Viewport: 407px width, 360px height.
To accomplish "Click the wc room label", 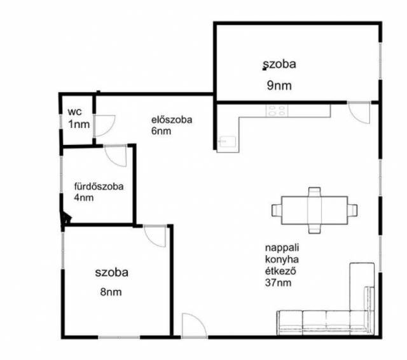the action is pyautogui.click(x=74, y=112).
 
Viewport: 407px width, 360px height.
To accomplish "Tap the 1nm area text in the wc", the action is pyautogui.click(x=79, y=124).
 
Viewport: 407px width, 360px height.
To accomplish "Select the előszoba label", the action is pyautogui.click(x=172, y=120).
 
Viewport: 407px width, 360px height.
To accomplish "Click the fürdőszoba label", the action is pyautogui.click(x=99, y=186).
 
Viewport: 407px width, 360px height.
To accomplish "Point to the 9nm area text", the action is pyautogui.click(x=279, y=85).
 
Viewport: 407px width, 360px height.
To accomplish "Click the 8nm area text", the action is pyautogui.click(x=111, y=292).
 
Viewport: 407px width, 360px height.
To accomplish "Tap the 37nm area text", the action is pyautogui.click(x=278, y=282).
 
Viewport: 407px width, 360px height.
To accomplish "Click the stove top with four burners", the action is pyautogui.click(x=277, y=111).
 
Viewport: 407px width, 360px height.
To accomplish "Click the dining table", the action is pyautogui.click(x=314, y=211).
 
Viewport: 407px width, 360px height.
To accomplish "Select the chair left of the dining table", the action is pyautogui.click(x=277, y=211).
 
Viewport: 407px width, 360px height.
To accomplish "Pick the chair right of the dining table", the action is pyautogui.click(x=352, y=210).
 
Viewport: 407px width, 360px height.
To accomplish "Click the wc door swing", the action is pyautogui.click(x=104, y=126).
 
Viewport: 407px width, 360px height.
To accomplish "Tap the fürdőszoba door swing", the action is pyautogui.click(x=116, y=155).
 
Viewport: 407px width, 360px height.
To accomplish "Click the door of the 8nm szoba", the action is pyautogui.click(x=155, y=236).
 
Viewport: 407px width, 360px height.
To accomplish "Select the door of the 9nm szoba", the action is pyautogui.click(x=359, y=113).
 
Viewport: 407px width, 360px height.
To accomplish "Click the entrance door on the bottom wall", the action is pyautogui.click(x=195, y=326).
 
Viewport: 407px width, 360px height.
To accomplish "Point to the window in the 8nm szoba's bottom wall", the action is pyautogui.click(x=119, y=337).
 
